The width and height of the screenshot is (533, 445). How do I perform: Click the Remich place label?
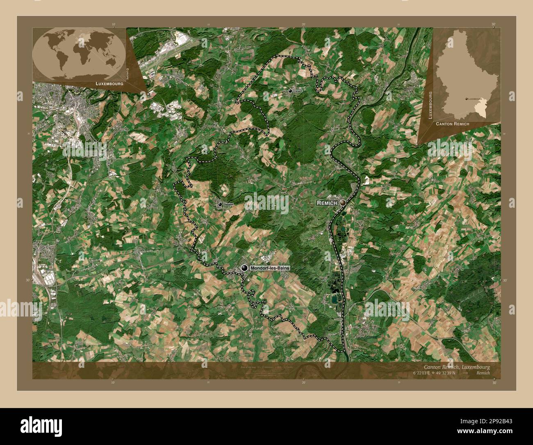pyautogui.click(x=327, y=203)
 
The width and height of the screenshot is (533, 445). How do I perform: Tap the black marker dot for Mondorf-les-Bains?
pyautogui.click(x=245, y=268)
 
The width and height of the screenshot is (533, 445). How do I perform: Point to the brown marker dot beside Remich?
pyautogui.click(x=342, y=203)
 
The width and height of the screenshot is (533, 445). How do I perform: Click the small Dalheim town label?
pyautogui.click(x=228, y=204)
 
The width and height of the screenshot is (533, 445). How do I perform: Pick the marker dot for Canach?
pyautogui.click(x=290, y=91)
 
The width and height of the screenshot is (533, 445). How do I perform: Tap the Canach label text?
pyautogui.click(x=298, y=91)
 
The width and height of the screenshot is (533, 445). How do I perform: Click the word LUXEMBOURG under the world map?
pyautogui.click(x=109, y=83)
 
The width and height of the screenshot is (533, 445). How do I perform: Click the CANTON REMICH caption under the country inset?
pyautogui.click(x=453, y=124)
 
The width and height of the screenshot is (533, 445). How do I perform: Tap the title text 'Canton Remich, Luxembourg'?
pyautogui.click(x=455, y=367)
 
